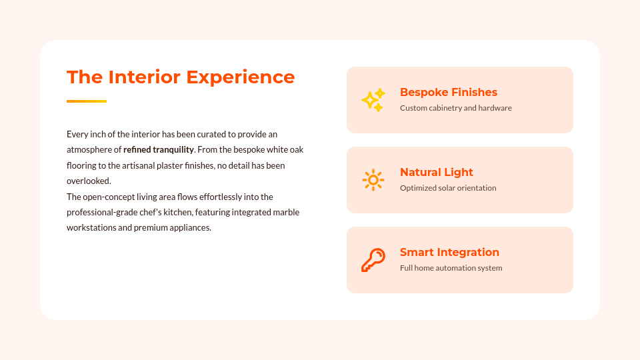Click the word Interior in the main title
pos(145,77)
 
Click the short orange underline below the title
pos(87,101)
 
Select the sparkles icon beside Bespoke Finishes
pos(373,100)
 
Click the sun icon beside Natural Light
pos(373,180)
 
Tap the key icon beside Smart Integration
pos(373,260)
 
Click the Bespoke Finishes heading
pos(449,92)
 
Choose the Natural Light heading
pos(436,172)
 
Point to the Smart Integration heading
pos(449,252)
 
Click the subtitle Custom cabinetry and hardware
pos(455,108)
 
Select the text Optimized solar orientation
pos(448,188)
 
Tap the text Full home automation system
pos(451,268)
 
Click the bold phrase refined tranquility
pos(159,150)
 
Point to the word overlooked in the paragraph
pos(89,181)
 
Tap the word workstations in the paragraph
pos(91,228)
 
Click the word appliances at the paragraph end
pos(191,228)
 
